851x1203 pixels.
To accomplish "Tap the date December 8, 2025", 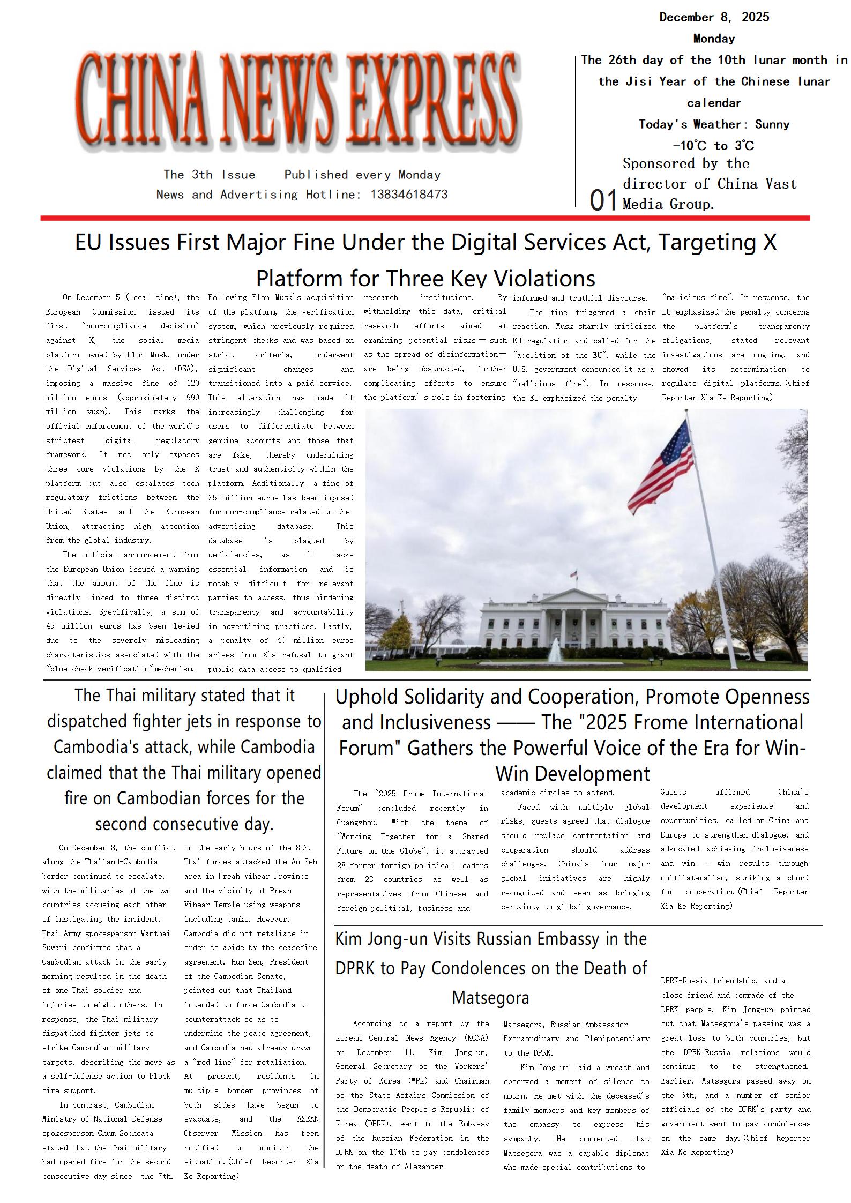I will coord(714,17).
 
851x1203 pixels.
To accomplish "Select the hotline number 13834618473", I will coord(408,195).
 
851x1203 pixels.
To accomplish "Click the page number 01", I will coord(603,200).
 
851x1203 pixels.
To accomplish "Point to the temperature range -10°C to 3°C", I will coord(713,146).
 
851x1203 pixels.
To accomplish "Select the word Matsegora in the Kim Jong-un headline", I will coord(490,998).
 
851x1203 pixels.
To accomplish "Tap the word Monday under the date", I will coord(714,39).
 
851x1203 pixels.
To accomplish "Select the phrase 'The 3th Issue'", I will coord(210,175).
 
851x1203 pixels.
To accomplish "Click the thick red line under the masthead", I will coord(425,218).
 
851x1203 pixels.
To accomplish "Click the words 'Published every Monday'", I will coord(362,175).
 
